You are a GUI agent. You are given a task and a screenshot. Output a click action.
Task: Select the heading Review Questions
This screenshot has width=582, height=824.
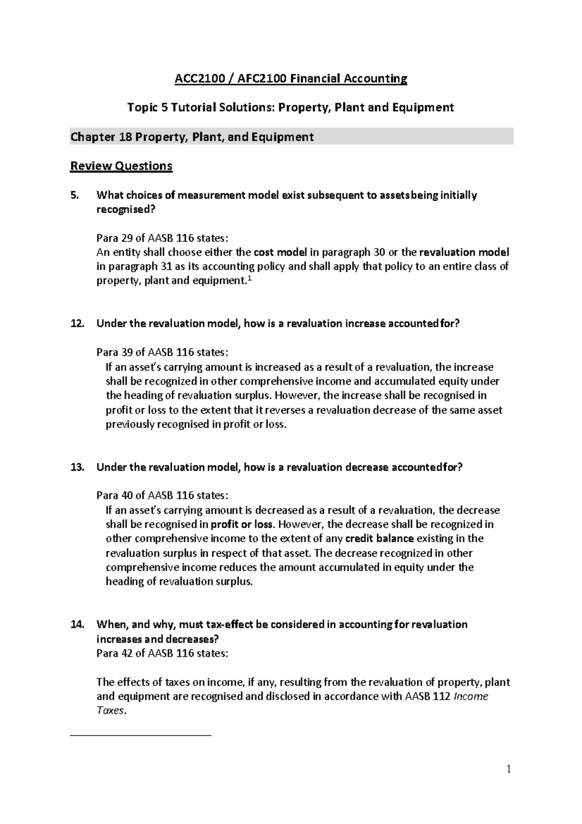point(121,166)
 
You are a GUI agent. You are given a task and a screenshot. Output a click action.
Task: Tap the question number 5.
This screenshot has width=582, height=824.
point(74,195)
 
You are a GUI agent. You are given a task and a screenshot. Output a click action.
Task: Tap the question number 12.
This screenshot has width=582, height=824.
point(77,324)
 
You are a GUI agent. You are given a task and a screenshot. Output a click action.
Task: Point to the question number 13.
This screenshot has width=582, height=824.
point(77,467)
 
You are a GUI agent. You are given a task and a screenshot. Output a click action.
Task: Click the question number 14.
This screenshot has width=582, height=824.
point(77,624)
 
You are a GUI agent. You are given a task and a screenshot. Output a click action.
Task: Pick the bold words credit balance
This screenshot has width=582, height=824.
point(380,538)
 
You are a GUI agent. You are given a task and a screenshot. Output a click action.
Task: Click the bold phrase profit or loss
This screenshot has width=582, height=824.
point(242,524)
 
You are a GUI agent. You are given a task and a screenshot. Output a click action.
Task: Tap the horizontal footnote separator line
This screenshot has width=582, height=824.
point(141,736)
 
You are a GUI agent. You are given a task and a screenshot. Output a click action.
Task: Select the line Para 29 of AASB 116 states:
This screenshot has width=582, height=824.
point(162,238)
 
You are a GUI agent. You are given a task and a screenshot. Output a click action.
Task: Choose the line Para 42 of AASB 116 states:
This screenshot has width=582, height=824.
point(162,653)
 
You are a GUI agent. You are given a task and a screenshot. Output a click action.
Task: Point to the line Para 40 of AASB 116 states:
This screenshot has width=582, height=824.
point(162,495)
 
